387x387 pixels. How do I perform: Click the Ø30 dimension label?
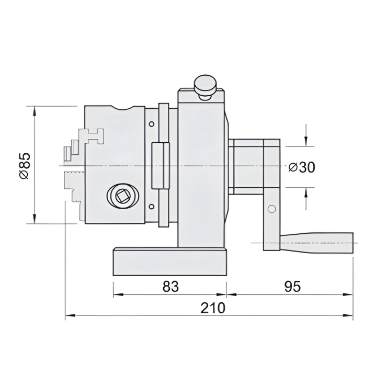(x=302, y=167)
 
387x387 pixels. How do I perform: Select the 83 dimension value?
(x=170, y=287)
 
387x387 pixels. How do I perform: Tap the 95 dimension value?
(x=292, y=287)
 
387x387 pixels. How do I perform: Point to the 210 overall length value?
(x=213, y=308)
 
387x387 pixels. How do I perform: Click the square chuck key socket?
(x=122, y=197)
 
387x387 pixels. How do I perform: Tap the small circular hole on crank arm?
(x=271, y=209)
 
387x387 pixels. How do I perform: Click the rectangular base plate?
(x=170, y=262)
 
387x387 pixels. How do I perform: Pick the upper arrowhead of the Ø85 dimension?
(x=35, y=111)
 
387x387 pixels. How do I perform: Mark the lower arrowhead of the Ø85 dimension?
(x=35, y=219)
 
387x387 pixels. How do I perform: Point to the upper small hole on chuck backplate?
(x=151, y=124)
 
